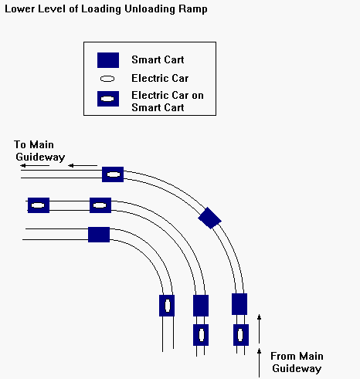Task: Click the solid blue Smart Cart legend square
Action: [x=108, y=60]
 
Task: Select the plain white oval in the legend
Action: [x=107, y=79]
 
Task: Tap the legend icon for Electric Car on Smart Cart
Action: [x=108, y=99]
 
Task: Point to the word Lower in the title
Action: [x=19, y=9]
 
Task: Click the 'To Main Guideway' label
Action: [x=39, y=151]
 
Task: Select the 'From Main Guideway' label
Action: [x=297, y=362]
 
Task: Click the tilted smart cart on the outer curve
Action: [x=209, y=218]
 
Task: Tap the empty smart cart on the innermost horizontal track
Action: [x=99, y=235]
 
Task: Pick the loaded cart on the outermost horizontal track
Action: [x=113, y=174]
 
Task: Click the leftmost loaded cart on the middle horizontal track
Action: [x=39, y=205]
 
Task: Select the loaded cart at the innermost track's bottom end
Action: [x=167, y=306]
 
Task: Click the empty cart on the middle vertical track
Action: [x=201, y=306]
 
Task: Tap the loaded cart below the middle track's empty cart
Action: [x=201, y=335]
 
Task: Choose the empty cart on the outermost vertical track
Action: [x=239, y=304]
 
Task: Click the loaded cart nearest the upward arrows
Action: [x=241, y=335]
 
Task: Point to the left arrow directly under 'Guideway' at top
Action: [x=35, y=165]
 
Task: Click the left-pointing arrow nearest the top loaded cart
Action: [x=83, y=165]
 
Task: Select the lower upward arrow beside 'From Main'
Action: [x=260, y=363]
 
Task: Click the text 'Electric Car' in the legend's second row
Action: [x=160, y=78]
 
